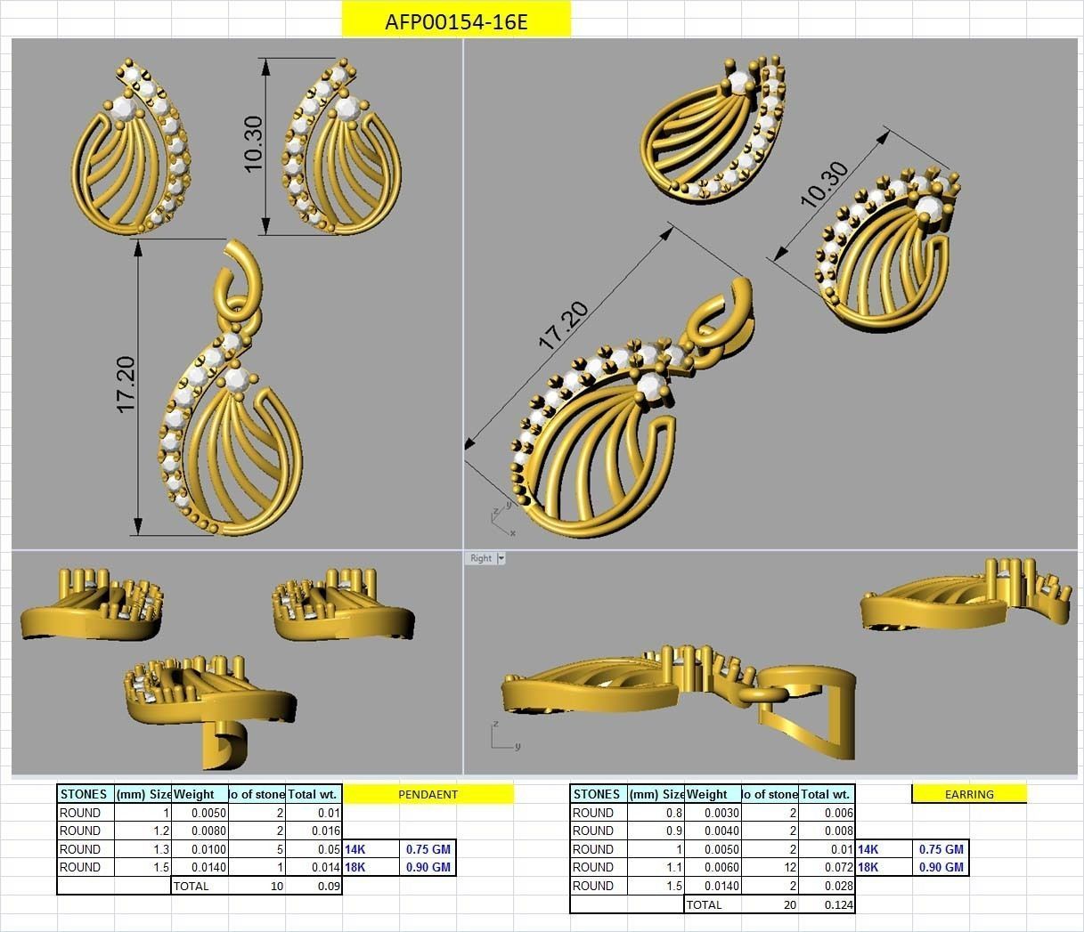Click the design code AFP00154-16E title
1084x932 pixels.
point(456,21)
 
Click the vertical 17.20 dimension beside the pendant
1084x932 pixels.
point(126,385)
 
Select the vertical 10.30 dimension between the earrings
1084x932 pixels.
point(253,144)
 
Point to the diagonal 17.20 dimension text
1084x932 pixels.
point(563,325)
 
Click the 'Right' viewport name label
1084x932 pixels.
point(481,558)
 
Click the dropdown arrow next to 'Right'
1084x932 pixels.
point(501,558)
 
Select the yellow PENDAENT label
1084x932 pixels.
point(428,794)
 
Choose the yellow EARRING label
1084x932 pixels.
point(969,794)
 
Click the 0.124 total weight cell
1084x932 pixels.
point(827,904)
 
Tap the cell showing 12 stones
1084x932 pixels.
point(770,867)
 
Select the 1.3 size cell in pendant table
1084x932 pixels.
point(143,849)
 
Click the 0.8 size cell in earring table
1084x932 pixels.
point(656,813)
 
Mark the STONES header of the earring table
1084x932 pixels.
point(598,794)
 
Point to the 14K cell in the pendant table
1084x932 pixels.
point(356,849)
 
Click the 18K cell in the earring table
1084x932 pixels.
point(869,867)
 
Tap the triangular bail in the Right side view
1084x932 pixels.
point(811,712)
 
